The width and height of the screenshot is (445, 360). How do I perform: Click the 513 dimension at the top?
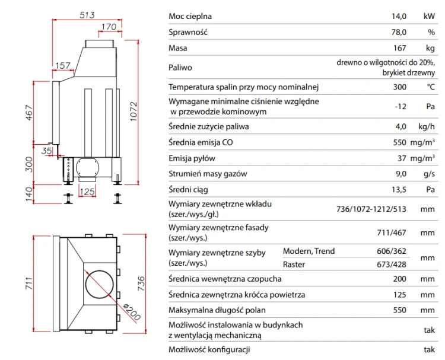87,15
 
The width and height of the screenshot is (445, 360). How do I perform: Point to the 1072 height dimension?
133,111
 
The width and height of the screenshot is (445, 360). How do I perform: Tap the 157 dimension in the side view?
62,65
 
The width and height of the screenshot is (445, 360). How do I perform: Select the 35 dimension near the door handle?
46,151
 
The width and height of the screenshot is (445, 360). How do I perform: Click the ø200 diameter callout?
132,312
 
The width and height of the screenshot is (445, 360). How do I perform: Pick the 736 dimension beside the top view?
141,283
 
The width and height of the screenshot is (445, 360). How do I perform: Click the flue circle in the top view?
99,284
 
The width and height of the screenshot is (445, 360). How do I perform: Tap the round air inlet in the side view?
87,167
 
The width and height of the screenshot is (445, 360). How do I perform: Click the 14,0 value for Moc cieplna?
399,16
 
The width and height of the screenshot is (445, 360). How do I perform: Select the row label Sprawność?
188,32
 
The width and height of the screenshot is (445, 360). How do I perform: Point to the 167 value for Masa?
399,48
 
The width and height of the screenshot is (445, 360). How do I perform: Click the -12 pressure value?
401,106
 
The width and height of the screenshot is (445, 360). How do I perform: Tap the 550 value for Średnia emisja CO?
399,142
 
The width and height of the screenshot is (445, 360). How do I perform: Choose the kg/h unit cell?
426,126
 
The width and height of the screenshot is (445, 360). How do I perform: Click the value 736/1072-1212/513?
371,209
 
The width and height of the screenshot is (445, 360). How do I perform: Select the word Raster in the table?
294,265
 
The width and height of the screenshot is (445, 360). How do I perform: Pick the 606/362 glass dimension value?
392,251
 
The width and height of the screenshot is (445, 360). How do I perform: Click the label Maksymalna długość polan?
217,310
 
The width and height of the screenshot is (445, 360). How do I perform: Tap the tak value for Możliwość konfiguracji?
429,349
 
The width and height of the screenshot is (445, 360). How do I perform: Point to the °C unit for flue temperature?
431,87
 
